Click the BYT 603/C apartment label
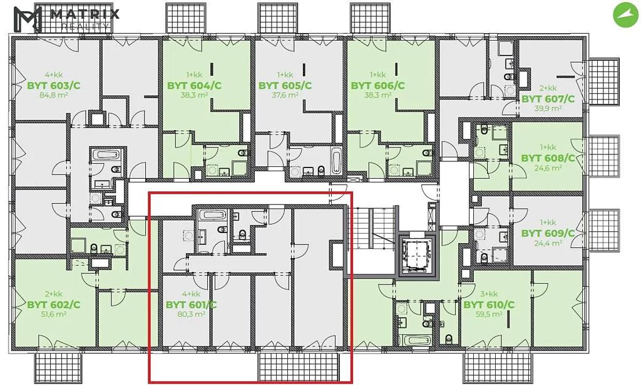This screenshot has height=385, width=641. [54, 86]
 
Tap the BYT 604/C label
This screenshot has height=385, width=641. [194, 86]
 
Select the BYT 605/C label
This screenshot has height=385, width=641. [285, 86]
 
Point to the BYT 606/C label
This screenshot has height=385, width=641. [377, 86]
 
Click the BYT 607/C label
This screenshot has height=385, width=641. [548, 99]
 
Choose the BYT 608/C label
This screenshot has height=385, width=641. [548, 158]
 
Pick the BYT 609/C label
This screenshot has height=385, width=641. [548, 234]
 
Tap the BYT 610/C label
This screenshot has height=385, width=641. [489, 304]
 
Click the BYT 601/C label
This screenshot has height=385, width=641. [191, 304]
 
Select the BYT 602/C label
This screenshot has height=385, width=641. [54, 304]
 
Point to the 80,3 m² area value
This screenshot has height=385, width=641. [191, 314]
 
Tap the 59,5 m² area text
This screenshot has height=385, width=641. [489, 314]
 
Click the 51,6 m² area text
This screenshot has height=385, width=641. [54, 314]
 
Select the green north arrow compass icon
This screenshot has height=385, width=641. [625, 15]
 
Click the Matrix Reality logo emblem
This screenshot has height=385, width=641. [28, 19]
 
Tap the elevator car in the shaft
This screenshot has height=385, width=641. [416, 254]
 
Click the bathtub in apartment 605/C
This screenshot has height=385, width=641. [336, 160]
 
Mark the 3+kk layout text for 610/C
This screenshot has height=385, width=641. [489, 294]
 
